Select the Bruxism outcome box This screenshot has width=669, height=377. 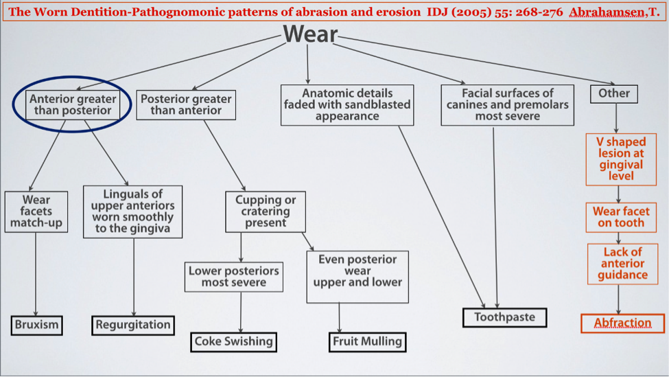pos(36,325)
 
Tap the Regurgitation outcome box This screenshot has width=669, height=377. pos(133,325)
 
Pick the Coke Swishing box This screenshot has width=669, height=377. pos(233,341)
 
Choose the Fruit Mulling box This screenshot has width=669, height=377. pos(366,341)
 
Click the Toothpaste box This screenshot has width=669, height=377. pos(504,317)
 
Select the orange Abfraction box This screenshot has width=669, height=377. pos(622,323)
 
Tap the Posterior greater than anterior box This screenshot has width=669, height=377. pos(186,104)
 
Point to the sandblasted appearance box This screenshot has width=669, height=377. pos(347,104)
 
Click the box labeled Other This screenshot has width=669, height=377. pos(614,93)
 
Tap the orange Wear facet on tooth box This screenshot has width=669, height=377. pos(620,217)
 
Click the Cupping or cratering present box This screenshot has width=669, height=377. pos(266,212)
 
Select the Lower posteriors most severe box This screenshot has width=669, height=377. pos(233,277)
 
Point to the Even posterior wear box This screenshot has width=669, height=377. pos(357,276)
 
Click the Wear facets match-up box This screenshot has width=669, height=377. pos(36,212)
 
